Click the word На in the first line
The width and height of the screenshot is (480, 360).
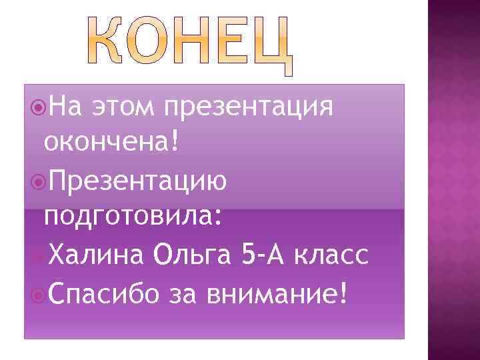(x=65, y=105)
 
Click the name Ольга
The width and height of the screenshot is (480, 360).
(x=194, y=254)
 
